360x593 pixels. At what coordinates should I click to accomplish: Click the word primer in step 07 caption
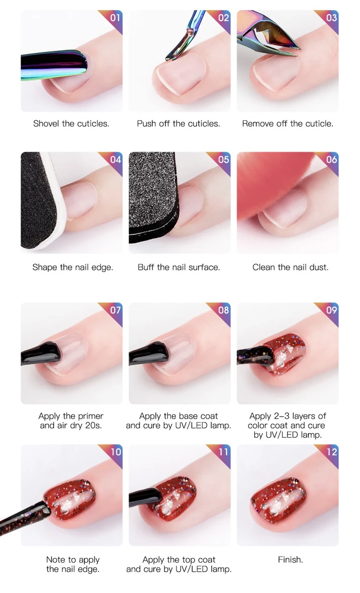click(91, 417)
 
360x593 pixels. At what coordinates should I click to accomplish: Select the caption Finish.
click(290, 560)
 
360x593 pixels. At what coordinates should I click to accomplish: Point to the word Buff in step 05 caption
click(146, 267)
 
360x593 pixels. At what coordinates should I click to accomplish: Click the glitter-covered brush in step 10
click(25, 517)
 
